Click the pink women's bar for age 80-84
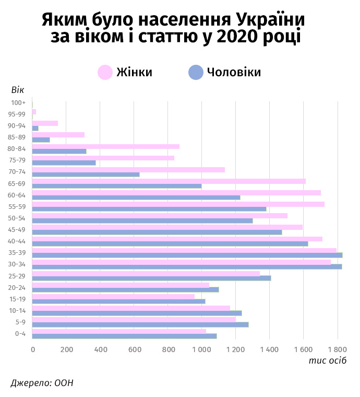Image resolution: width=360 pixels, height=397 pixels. click(106, 147)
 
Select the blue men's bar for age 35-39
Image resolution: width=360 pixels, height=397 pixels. click(187, 255)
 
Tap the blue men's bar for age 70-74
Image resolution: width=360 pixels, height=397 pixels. click(86, 174)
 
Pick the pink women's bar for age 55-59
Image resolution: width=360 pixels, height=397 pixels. click(178, 204)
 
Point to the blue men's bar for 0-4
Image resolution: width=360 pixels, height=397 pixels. click(125, 336)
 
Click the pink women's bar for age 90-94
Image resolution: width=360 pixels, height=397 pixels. click(45, 123)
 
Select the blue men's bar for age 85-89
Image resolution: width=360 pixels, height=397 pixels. click(41, 139)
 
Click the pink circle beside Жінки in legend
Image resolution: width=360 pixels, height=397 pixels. click(105, 73)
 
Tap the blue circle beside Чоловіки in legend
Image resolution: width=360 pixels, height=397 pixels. click(196, 73)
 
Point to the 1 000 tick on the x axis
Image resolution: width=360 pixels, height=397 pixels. click(201, 349)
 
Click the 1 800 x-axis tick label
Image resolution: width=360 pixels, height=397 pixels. click(337, 349)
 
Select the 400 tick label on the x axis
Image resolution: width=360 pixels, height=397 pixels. click(100, 349)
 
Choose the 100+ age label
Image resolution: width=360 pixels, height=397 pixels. click(18, 103)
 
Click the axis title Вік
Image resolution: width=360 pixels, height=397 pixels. click(17, 90)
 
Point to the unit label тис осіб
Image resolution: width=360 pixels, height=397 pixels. click(327, 361)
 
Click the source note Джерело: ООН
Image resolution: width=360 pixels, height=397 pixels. click(42, 383)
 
